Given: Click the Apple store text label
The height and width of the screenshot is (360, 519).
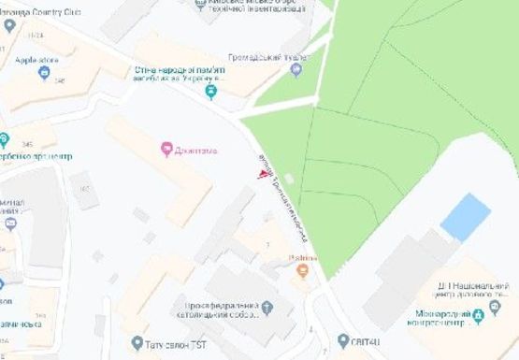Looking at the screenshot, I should (x=37, y=60).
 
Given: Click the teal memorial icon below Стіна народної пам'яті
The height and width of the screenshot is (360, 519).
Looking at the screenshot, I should (x=211, y=91).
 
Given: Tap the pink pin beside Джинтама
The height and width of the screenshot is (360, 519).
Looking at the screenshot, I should (x=166, y=148).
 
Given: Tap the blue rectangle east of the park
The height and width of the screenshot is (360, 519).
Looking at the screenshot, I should (x=465, y=217).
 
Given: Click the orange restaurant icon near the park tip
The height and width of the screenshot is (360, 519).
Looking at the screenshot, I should (x=302, y=272).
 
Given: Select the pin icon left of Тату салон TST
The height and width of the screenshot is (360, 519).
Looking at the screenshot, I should (x=137, y=343).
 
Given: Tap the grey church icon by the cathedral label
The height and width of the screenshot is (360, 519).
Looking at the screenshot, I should (x=267, y=307).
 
